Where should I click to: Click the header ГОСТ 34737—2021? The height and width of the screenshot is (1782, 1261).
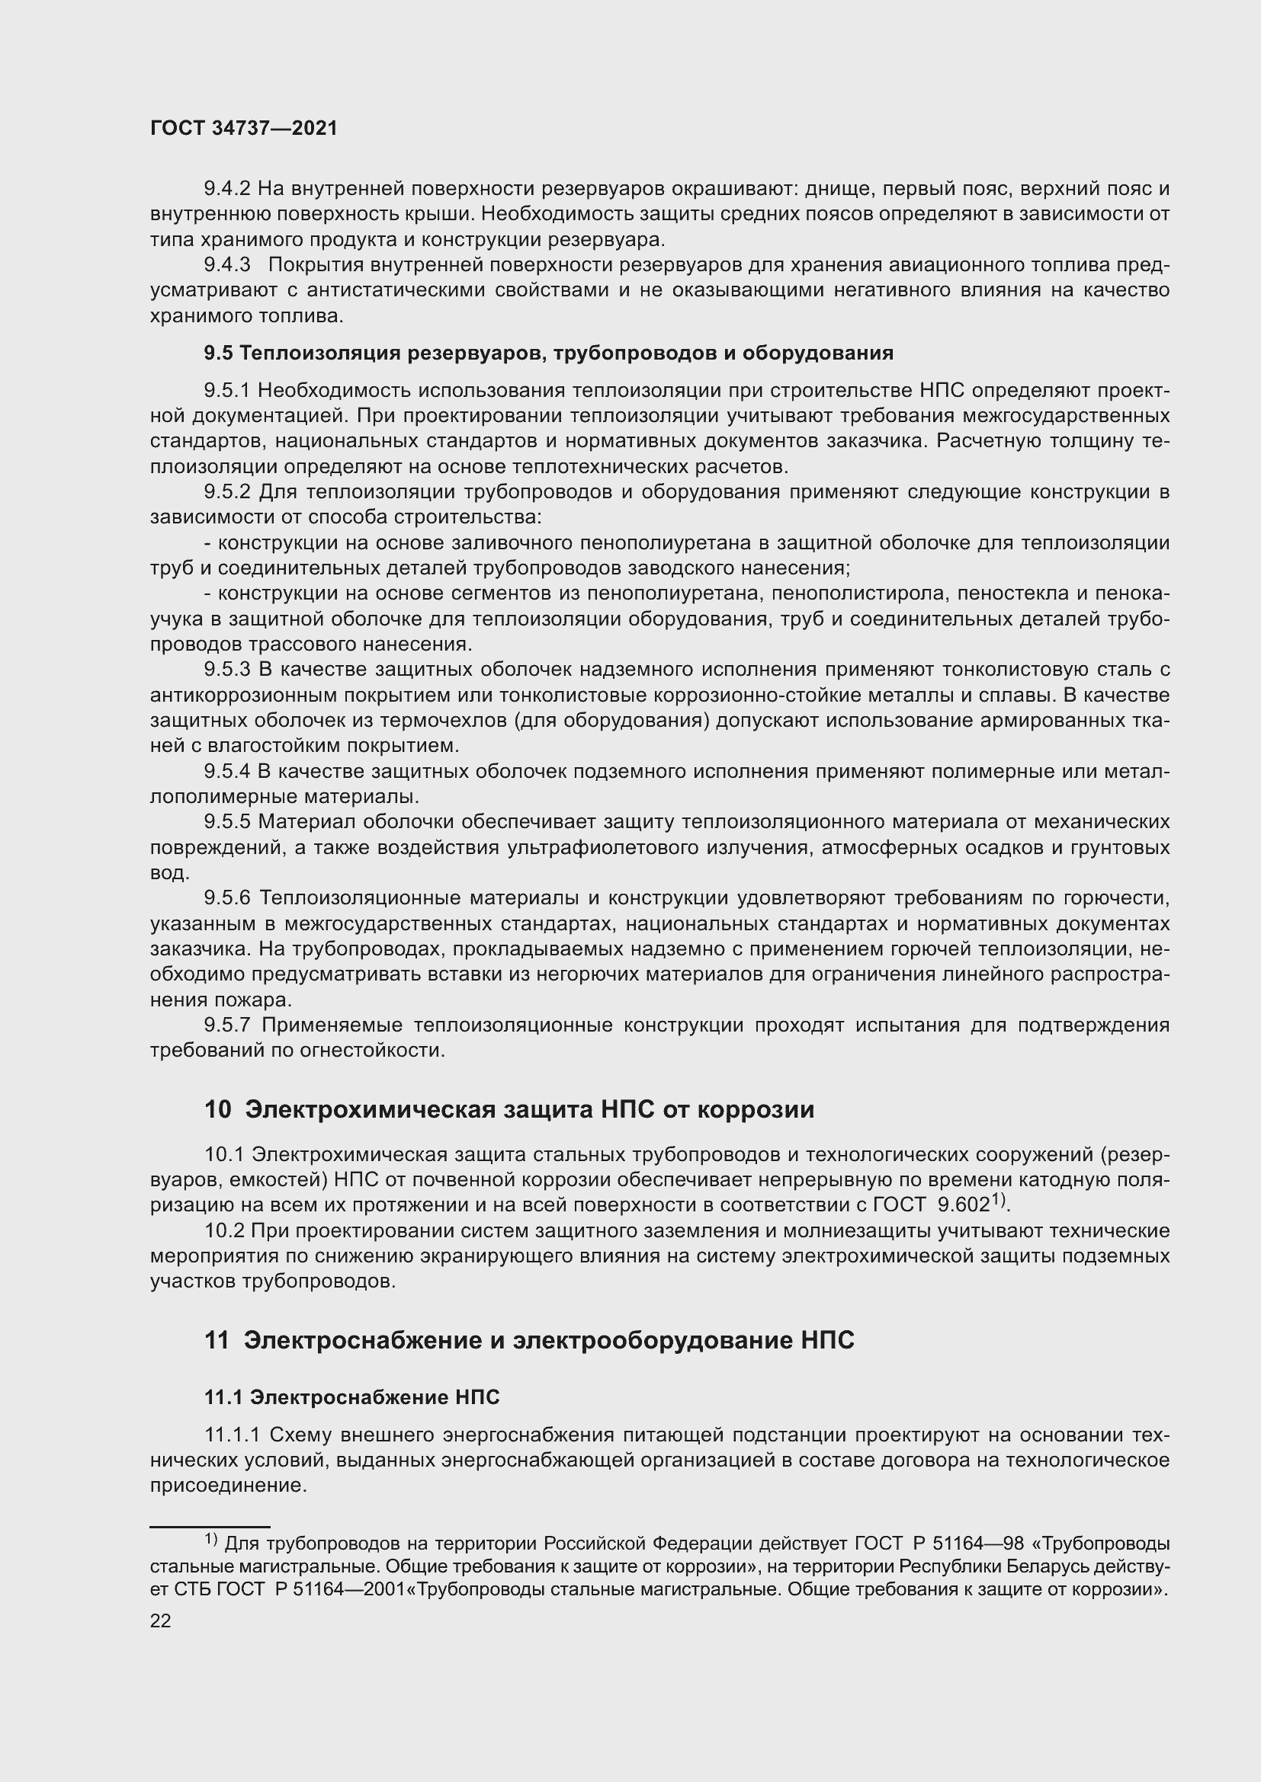click(244, 129)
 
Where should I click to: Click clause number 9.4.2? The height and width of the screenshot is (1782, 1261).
click(226, 189)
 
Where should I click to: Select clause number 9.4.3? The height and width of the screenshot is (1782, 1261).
click(226, 265)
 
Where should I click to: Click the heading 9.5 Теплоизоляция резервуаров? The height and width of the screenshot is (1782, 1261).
click(548, 354)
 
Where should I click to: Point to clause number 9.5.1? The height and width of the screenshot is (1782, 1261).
click(226, 390)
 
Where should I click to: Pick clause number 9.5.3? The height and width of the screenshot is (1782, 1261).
click(226, 670)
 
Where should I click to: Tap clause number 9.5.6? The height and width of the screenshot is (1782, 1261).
click(226, 899)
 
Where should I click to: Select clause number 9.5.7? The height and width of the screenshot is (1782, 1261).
click(226, 1025)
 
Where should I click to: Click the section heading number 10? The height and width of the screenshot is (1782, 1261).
click(217, 1110)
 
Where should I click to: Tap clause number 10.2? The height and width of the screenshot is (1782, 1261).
click(224, 1231)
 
